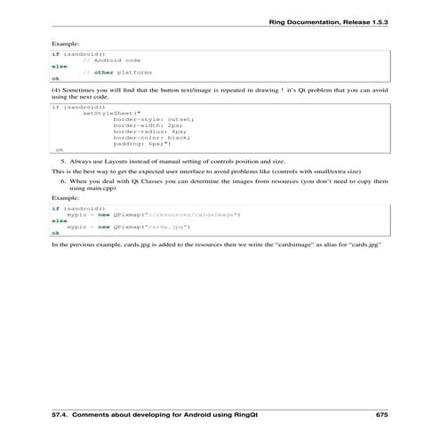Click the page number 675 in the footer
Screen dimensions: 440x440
[381, 415]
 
